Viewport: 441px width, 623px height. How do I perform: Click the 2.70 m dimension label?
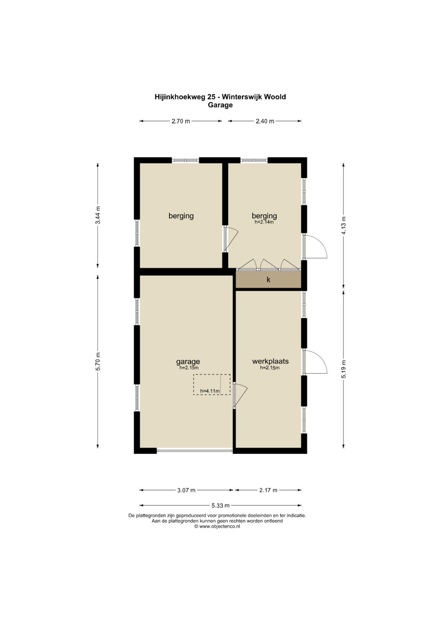click(x=180, y=121)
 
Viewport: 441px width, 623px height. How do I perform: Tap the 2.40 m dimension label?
click(x=265, y=121)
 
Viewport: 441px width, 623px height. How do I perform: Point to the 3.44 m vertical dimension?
click(x=98, y=215)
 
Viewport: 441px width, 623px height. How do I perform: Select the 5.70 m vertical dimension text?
click(x=98, y=361)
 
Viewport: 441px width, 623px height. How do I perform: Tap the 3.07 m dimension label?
click(x=186, y=490)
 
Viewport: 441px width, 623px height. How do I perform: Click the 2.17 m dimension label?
click(x=268, y=490)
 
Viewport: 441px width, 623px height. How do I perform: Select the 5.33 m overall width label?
click(x=220, y=505)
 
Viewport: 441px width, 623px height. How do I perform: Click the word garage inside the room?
click(x=188, y=361)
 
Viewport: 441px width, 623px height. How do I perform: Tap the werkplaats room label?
click(x=270, y=361)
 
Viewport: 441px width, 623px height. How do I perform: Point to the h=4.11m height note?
click(x=210, y=391)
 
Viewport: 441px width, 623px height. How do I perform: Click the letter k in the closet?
click(x=268, y=279)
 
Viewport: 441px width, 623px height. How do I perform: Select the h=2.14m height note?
click(x=264, y=222)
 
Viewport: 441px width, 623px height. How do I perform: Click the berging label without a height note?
click(x=181, y=216)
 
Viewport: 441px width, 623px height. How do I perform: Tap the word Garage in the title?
click(x=220, y=105)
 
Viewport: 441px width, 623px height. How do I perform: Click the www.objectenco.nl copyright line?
click(x=217, y=526)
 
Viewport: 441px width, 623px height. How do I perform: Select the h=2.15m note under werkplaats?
click(x=270, y=368)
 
